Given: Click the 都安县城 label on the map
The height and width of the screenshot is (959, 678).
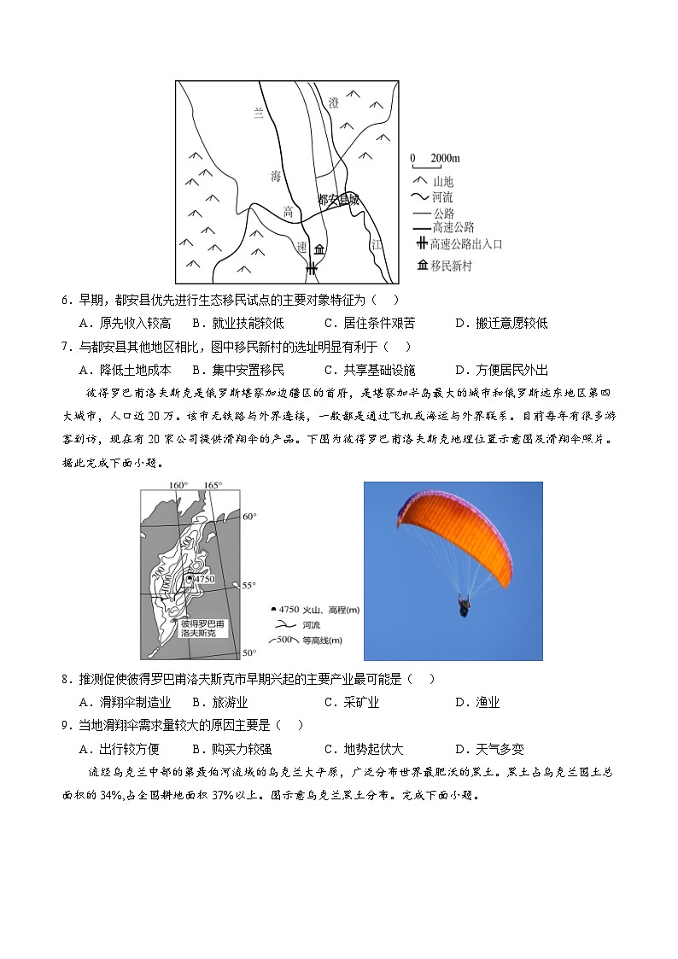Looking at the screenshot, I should pyautogui.click(x=338, y=200).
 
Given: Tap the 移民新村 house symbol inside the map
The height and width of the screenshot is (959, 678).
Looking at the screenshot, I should pyautogui.click(x=319, y=249).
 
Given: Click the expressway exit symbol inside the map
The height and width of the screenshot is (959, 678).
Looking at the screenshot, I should pyautogui.click(x=312, y=268).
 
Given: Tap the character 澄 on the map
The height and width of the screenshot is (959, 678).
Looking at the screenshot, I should pyautogui.click(x=334, y=102).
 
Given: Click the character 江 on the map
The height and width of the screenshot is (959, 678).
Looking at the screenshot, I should pyautogui.click(x=377, y=244).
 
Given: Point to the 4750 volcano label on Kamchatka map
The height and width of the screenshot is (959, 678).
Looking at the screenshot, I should pyautogui.click(x=203, y=579).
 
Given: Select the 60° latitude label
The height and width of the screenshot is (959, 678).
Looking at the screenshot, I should pyautogui.click(x=248, y=517).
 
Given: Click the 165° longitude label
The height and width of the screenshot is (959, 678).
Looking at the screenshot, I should pyautogui.click(x=213, y=486).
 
